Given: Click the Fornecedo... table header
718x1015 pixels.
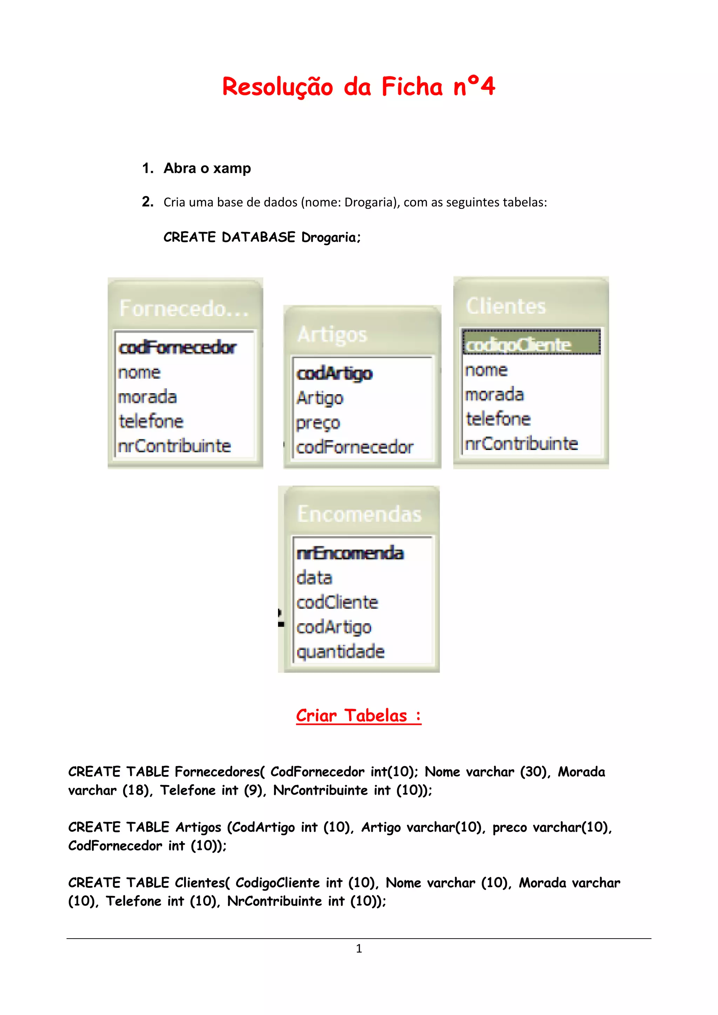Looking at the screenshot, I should coord(184,308).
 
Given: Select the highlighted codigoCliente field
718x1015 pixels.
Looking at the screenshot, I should coord(519,345).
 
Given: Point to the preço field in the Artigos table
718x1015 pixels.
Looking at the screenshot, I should coord(318,423).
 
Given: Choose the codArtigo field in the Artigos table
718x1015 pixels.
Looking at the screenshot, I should coord(334,374).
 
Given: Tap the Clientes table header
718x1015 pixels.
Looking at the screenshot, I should coord(506,306).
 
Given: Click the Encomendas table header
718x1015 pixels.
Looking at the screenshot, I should coord(359,514).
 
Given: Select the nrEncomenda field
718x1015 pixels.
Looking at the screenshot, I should coord(350,553).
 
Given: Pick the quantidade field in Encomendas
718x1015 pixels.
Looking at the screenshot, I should coord(340,651).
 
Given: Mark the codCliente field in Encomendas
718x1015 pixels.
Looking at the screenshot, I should coord(337,602).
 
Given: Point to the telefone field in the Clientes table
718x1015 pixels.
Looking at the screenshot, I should coord(498,418).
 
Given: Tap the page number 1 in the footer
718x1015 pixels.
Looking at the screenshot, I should coord(359,948).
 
